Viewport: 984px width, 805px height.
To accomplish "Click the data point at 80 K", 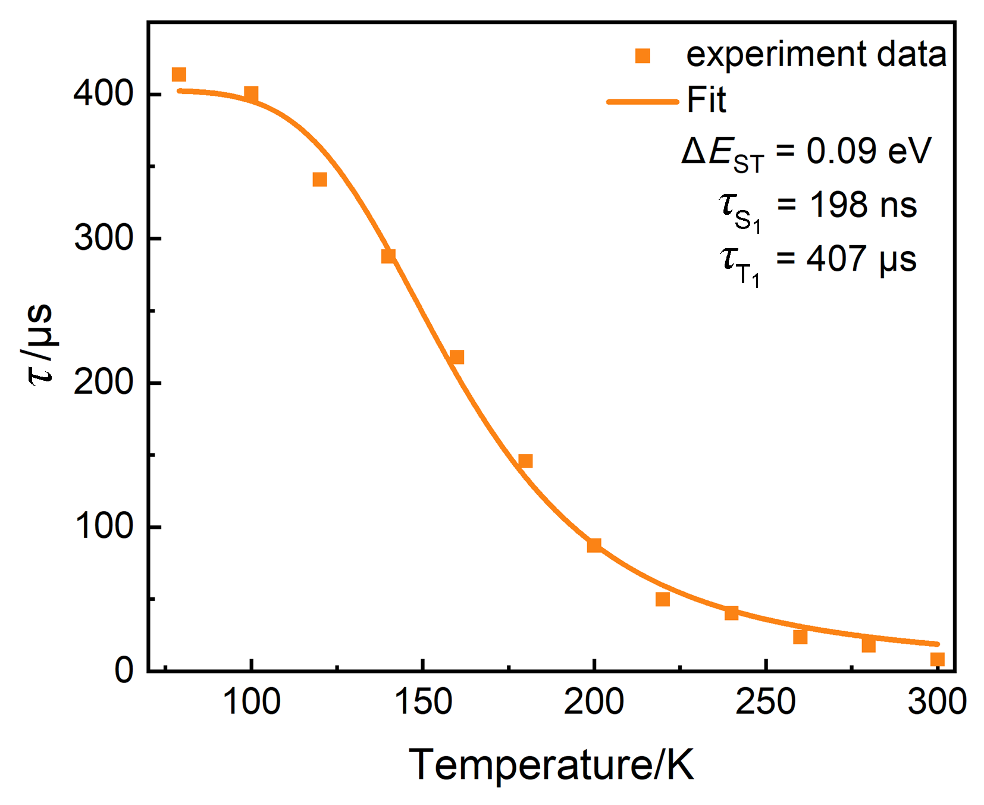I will coord(179,74).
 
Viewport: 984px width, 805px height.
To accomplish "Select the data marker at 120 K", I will coord(319,179).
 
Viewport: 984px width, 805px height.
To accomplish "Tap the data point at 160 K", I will coord(457,357).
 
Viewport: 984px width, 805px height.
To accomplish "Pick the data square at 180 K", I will coord(525,461).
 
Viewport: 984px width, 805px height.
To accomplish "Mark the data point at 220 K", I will coord(663,599).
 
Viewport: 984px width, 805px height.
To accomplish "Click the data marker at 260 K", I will coord(800,637).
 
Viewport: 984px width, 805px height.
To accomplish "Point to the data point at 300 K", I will coord(938,659).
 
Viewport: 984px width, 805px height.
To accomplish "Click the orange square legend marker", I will coord(643,56).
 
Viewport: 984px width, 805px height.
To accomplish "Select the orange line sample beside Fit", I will coord(643,102).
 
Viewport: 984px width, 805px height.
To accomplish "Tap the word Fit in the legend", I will coord(706,100).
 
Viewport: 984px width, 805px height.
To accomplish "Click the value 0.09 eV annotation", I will coord(868,151).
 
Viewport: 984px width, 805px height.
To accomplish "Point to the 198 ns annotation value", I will coord(863,205).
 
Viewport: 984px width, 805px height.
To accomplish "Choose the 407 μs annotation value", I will coord(861,259).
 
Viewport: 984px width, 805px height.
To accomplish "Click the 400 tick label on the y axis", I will coord(103,94).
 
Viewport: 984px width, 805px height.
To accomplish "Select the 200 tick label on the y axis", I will coord(103,383).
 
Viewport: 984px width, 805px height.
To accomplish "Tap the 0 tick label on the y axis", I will coord(124,671).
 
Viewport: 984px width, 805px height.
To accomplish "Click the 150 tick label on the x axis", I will coord(422,702).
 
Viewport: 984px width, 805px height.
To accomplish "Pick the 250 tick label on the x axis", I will coord(766,702).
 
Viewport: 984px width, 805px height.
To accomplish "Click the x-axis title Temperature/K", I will coord(551,765).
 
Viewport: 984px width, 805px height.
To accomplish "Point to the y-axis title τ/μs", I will coord(40,345).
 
